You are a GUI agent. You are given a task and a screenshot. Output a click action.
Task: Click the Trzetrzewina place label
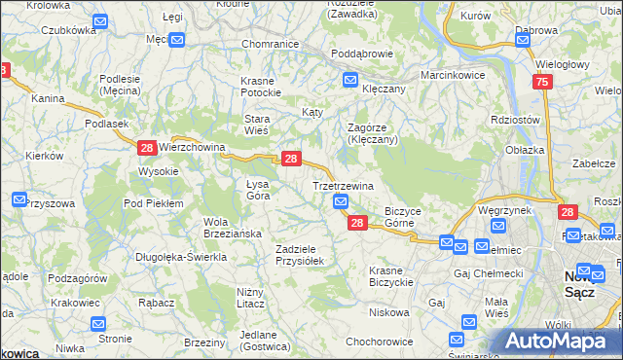coord(343,185)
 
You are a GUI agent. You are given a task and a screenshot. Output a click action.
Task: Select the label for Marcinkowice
coord(451,74)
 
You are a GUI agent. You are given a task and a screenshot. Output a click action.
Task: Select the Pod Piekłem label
coord(153,202)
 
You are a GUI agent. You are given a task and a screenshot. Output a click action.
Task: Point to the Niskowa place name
coord(388,312)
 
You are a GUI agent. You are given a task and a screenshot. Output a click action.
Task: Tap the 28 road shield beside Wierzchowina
coord(147,148)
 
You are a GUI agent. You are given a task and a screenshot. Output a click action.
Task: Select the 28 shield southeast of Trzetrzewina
coord(357,223)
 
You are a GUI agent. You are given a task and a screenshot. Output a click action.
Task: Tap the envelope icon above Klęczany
coord(349,80)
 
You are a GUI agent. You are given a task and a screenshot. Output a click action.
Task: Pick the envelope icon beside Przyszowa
coord(19,199)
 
